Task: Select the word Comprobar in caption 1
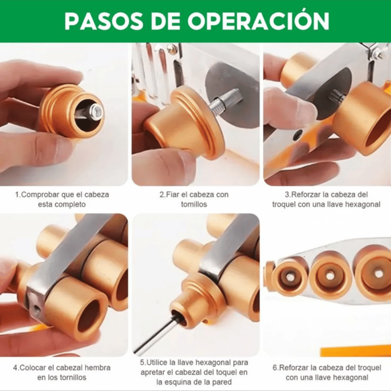(x=41, y=194)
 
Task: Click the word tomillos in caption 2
(x=194, y=205)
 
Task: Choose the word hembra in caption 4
(x=97, y=367)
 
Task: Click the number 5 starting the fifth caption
(x=142, y=362)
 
